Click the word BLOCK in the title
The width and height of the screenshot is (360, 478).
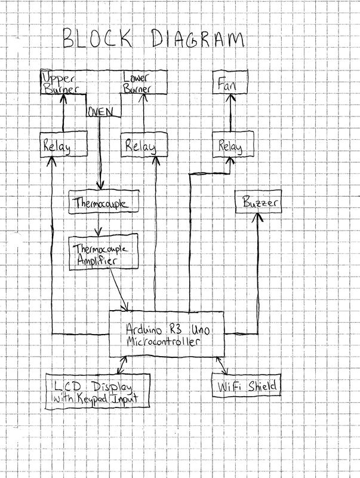click(99, 40)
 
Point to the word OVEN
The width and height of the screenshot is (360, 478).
click(101, 112)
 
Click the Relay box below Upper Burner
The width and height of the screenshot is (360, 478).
click(63, 145)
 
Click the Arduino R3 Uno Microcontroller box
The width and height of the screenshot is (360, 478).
click(167, 334)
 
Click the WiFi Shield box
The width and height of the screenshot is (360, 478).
click(245, 387)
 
